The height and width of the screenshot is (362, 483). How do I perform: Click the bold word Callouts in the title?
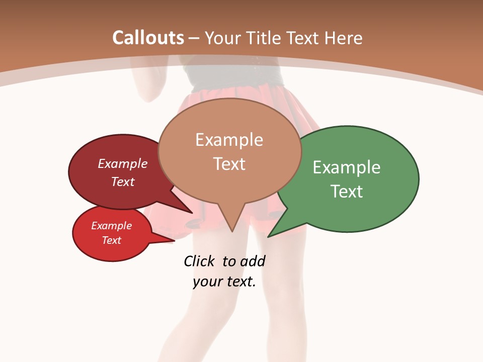pos(148,38)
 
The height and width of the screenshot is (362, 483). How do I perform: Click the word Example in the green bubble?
pos(347,167)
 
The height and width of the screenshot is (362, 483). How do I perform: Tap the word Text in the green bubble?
pos(347,192)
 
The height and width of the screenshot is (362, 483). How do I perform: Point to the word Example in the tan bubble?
pos(229,140)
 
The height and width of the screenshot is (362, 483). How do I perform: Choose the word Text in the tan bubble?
pos(229,164)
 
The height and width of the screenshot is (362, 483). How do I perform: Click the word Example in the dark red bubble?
pos(122,164)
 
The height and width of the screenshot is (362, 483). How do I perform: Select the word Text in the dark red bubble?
pos(122,182)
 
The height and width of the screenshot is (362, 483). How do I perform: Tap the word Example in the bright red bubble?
pos(111,226)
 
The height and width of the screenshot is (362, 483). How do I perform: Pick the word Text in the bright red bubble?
pos(111,240)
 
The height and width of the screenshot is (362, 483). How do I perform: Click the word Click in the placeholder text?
pos(200,261)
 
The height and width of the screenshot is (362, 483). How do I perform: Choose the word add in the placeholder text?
pos(253,261)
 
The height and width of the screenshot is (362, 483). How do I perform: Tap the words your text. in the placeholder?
pos(224,282)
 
